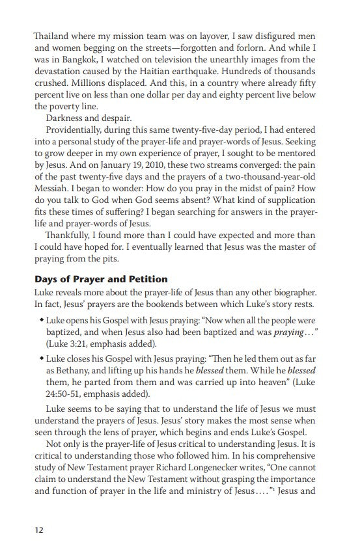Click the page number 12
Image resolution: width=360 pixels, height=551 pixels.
(x=39, y=529)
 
